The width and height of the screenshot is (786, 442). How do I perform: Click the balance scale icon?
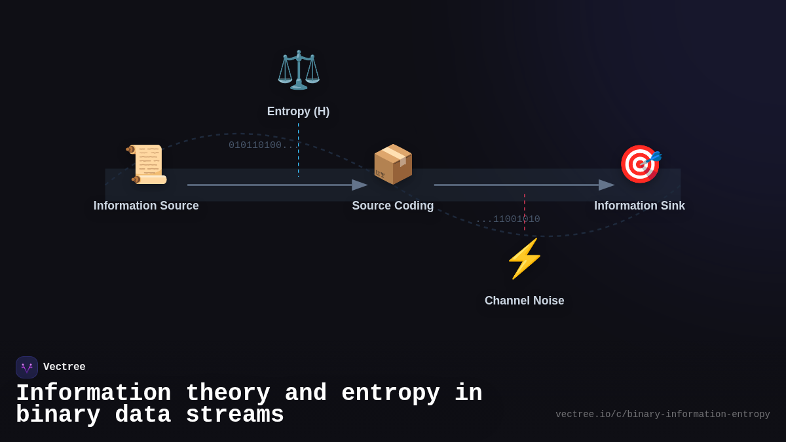click(299, 69)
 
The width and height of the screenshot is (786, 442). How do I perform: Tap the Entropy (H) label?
click(298, 111)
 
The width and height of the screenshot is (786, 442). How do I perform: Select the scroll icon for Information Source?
click(147, 164)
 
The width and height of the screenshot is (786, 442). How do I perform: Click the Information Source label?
click(146, 206)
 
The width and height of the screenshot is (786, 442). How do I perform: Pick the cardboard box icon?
click(393, 164)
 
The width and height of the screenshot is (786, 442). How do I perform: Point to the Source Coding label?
click(393, 206)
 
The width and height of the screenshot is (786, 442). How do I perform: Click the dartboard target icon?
click(640, 164)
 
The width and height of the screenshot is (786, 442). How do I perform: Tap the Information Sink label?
click(639, 206)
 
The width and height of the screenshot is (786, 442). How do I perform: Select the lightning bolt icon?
click(524, 259)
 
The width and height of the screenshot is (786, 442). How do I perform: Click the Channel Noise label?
click(524, 301)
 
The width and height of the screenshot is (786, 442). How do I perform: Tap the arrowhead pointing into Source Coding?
click(360, 185)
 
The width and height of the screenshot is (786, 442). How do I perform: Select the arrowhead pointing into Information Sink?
click(607, 185)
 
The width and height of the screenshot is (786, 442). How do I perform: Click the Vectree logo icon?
click(27, 367)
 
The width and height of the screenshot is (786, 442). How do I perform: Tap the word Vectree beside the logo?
click(64, 367)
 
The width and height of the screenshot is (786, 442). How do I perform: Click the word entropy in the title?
click(390, 394)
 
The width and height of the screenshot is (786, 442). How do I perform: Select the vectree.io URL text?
click(662, 414)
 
